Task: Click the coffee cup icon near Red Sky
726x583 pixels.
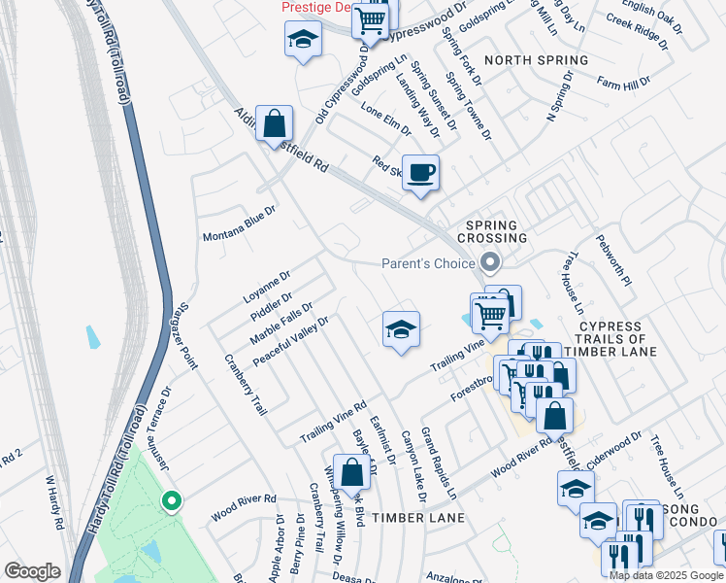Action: (x=420, y=174)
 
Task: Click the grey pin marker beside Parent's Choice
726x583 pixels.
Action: (x=490, y=262)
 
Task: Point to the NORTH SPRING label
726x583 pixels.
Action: (x=536, y=60)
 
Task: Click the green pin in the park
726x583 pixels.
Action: (x=171, y=501)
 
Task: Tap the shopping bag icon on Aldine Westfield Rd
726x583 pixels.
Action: (x=275, y=123)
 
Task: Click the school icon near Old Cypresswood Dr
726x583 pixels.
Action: (x=303, y=41)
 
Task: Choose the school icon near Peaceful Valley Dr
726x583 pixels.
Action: (x=400, y=330)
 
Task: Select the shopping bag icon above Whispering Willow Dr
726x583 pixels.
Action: (x=352, y=473)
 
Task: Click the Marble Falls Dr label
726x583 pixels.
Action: (x=281, y=323)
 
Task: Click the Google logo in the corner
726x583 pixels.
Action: (x=31, y=571)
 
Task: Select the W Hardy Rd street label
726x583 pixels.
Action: (x=53, y=502)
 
